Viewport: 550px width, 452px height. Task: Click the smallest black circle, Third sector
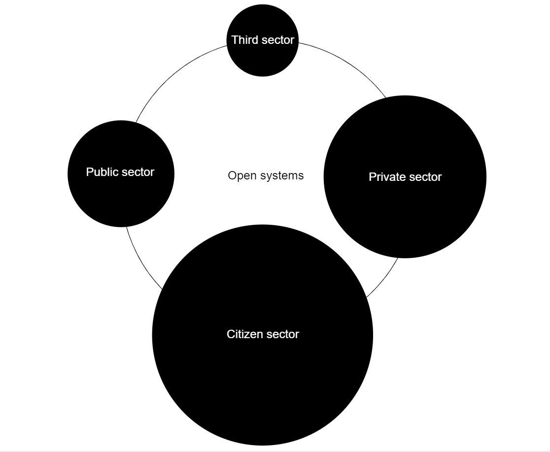click(263, 59)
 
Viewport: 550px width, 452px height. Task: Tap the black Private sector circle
click(405, 207)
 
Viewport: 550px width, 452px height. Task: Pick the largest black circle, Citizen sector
click(263, 375)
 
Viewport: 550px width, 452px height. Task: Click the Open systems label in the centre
click(266, 175)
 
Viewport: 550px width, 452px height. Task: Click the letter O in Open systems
click(232, 175)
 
